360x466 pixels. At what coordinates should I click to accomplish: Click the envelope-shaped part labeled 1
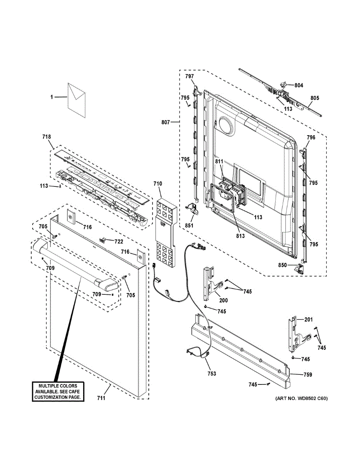(x=77, y=100)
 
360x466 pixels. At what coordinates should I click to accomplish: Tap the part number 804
(x=299, y=85)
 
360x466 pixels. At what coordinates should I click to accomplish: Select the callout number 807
(x=165, y=122)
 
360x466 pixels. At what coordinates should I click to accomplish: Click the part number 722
(x=119, y=242)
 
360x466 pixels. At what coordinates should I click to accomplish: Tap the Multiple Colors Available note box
(x=58, y=391)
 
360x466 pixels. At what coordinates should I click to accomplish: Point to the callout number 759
(x=308, y=374)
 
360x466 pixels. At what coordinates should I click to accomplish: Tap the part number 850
(x=282, y=265)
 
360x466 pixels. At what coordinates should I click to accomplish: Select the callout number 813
(x=240, y=236)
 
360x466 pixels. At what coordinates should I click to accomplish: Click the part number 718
(x=47, y=137)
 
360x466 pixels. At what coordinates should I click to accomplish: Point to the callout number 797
(x=190, y=77)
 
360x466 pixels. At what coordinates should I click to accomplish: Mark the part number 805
(x=315, y=98)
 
